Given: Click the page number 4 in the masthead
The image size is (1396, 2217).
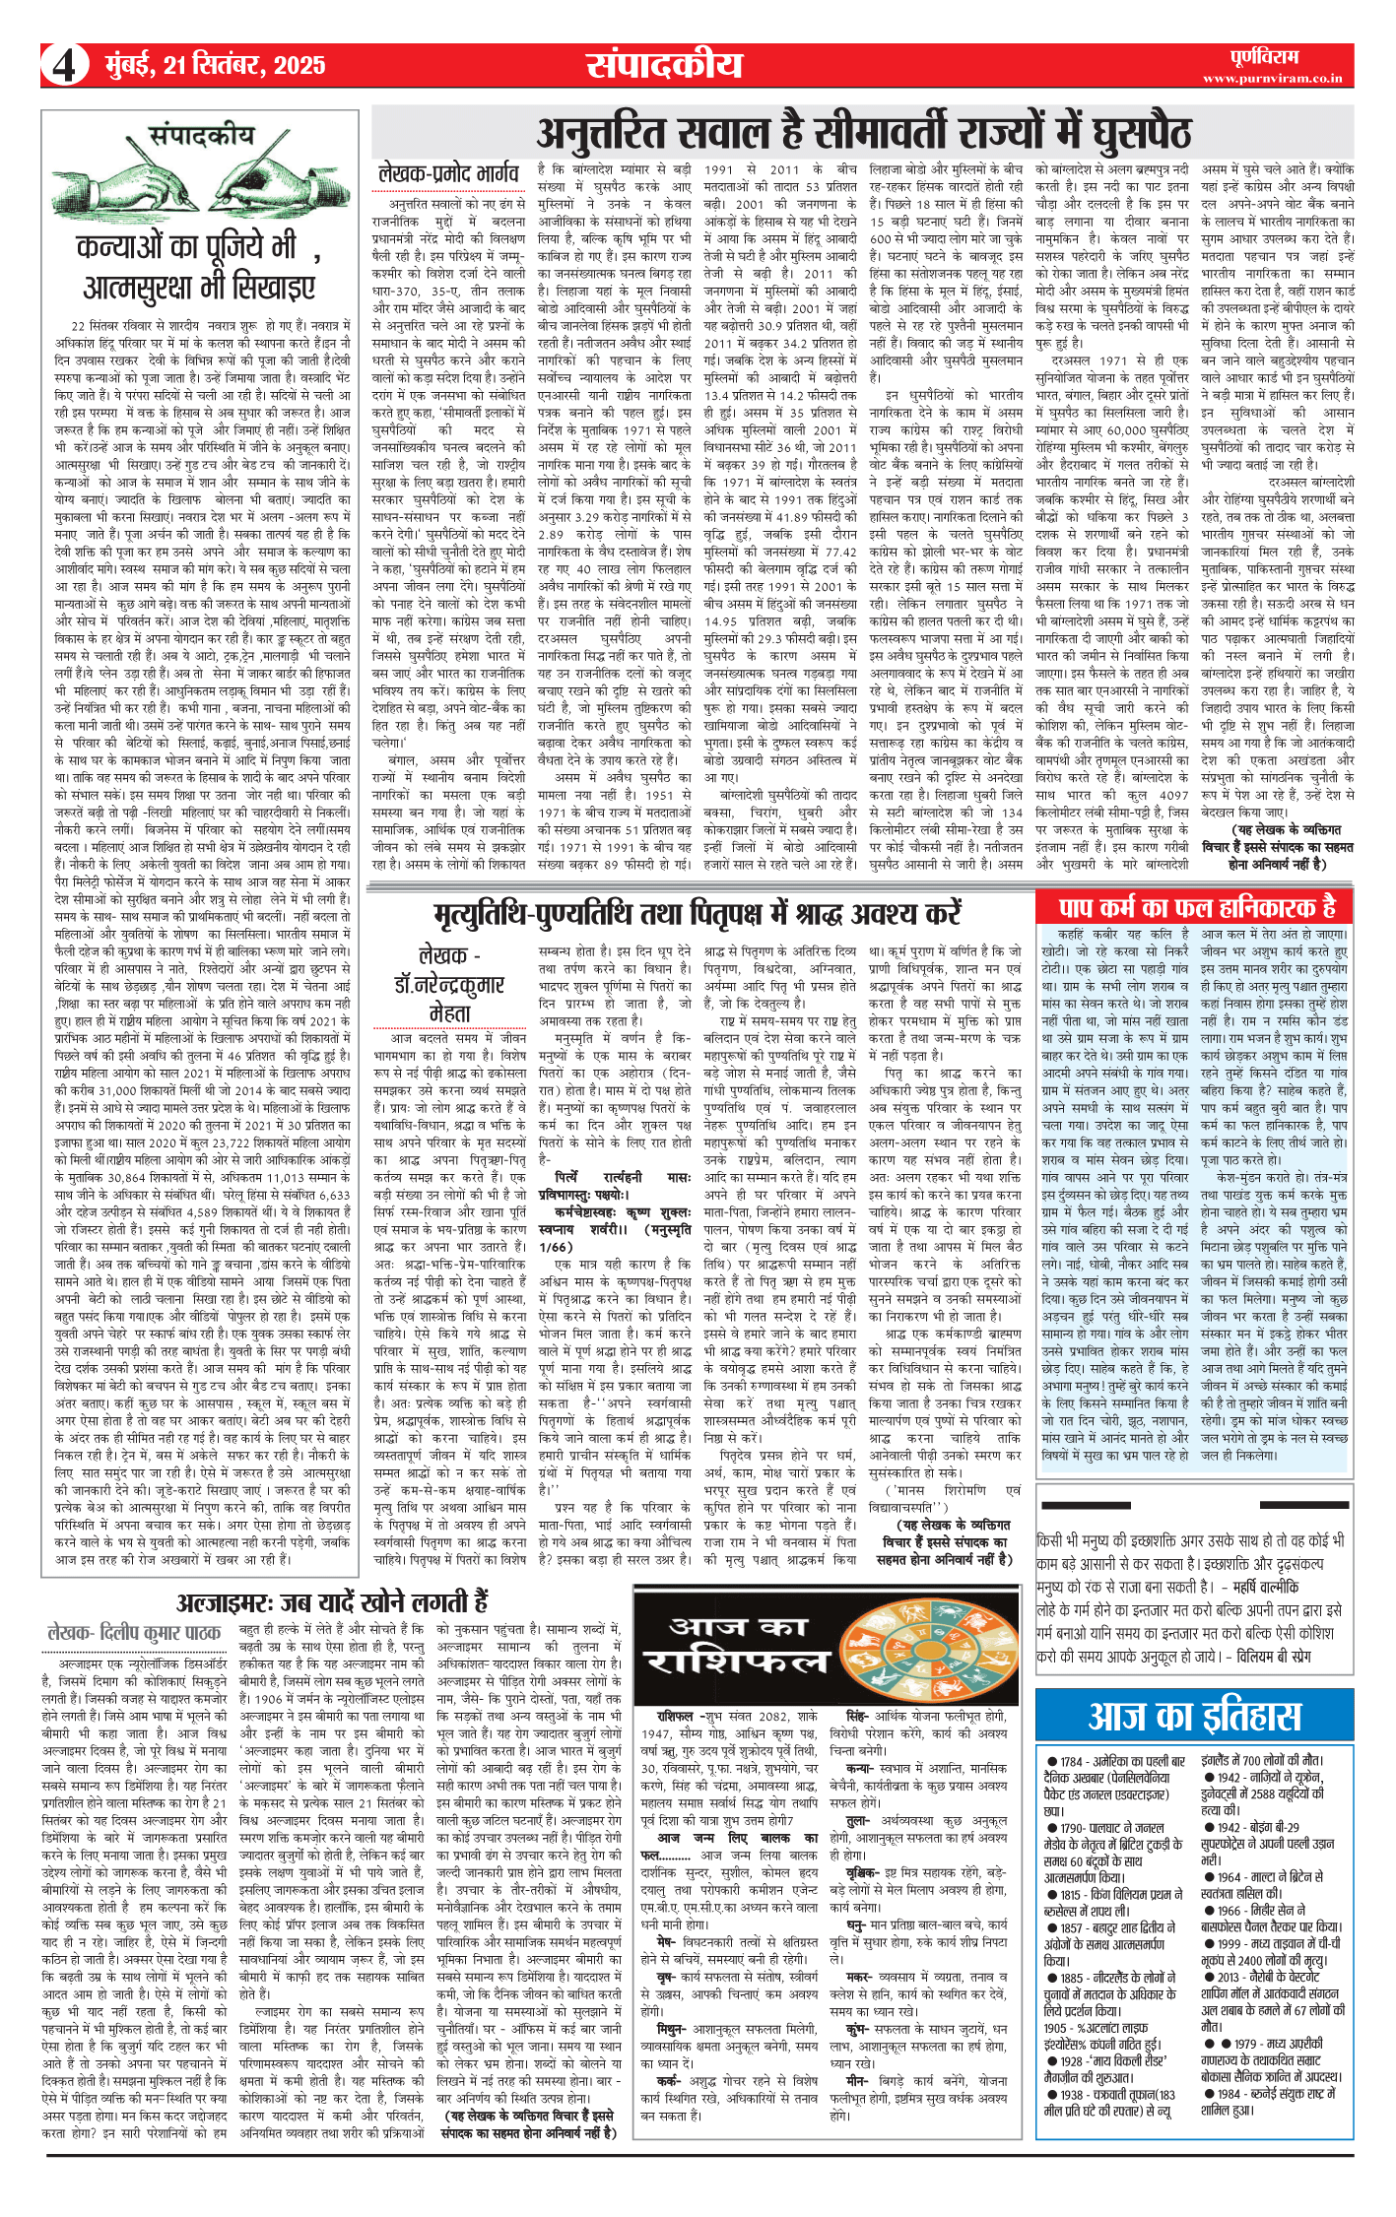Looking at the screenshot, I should point(64,66).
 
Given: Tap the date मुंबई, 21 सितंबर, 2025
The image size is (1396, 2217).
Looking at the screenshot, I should point(215,66).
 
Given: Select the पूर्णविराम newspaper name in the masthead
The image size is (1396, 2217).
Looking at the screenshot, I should point(1264,56).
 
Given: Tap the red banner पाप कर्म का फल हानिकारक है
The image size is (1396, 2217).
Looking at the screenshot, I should point(1196,906).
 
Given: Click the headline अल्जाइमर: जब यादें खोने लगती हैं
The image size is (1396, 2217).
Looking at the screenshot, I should point(332,1601).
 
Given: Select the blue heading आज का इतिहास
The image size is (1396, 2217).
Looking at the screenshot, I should point(1194,1717).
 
